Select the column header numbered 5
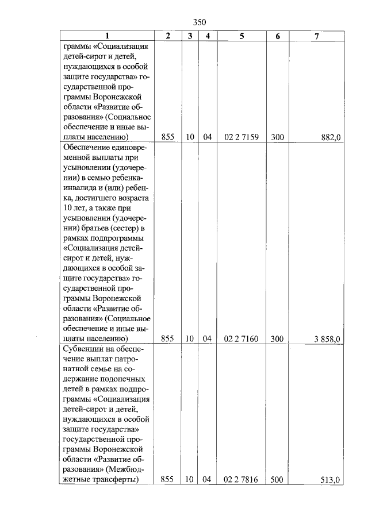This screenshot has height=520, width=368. [x=241, y=36]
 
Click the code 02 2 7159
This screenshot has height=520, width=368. [x=241, y=137]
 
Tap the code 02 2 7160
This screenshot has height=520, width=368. [x=241, y=339]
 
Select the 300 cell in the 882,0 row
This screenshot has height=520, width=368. [x=277, y=137]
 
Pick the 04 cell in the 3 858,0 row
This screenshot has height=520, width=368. [x=208, y=339]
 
